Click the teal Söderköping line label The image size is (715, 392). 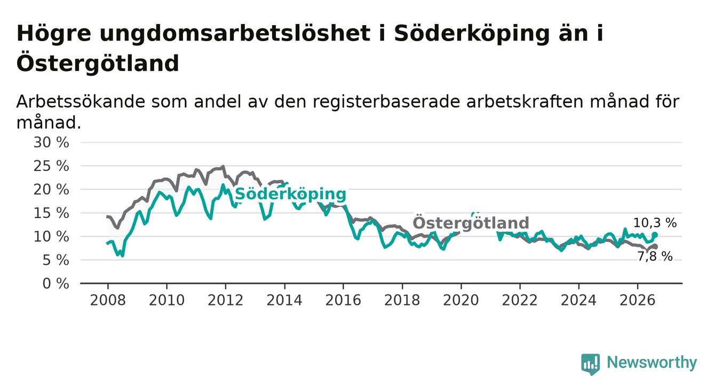290,194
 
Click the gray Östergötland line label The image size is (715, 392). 471,223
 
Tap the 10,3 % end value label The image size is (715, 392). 655,223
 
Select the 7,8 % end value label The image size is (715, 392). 655,256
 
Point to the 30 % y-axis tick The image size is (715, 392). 51,142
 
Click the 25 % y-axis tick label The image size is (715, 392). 51,166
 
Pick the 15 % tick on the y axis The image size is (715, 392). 51,213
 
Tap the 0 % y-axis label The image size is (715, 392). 55,284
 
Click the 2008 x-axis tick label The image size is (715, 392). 108,300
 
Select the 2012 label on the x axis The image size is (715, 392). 225,300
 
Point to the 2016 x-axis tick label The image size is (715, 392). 343,300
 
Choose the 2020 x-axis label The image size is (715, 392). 461,300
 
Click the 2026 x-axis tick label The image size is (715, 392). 638,300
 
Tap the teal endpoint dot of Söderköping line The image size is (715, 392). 655,235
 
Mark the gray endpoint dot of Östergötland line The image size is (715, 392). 655,247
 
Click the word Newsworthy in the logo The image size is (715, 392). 652,363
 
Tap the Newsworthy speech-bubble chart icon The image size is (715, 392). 590,364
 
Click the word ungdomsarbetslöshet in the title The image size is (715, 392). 235,33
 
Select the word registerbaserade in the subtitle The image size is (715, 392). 387,102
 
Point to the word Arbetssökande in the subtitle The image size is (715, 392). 81,101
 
